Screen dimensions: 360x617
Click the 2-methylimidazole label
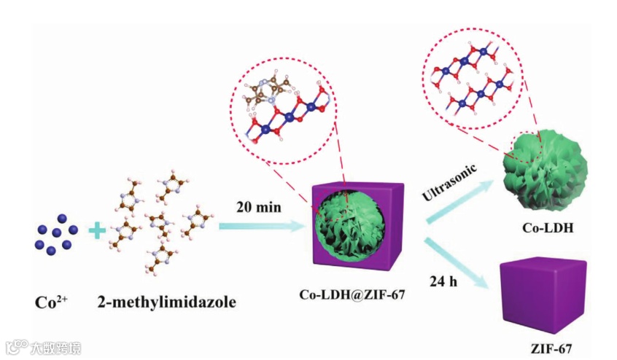pyautogui.click(x=167, y=301)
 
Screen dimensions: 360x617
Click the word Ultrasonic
pyautogui.click(x=449, y=183)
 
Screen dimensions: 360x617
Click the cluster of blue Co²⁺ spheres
pyautogui.click(x=55, y=234)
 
